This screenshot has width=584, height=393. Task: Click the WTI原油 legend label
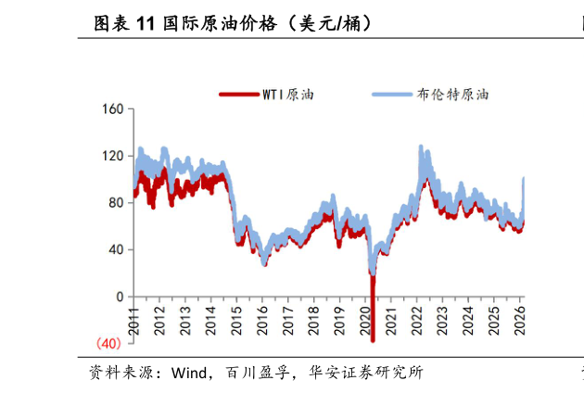pyautogui.click(x=288, y=95)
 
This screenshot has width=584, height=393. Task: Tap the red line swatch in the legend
pyautogui.click(x=238, y=95)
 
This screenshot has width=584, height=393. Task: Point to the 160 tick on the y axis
pyautogui.click(x=111, y=109)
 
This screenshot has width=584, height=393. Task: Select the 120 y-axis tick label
pyautogui.click(x=111, y=156)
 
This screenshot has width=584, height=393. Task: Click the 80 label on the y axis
pyautogui.click(x=115, y=203)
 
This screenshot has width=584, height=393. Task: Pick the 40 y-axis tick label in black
pyautogui.click(x=115, y=249)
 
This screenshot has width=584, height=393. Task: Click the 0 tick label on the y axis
pyautogui.click(x=119, y=297)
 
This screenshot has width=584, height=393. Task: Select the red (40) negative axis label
pyautogui.click(x=108, y=344)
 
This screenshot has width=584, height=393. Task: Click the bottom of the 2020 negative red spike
pyautogui.click(x=373, y=340)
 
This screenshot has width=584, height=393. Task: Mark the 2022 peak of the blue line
pyautogui.click(x=421, y=146)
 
